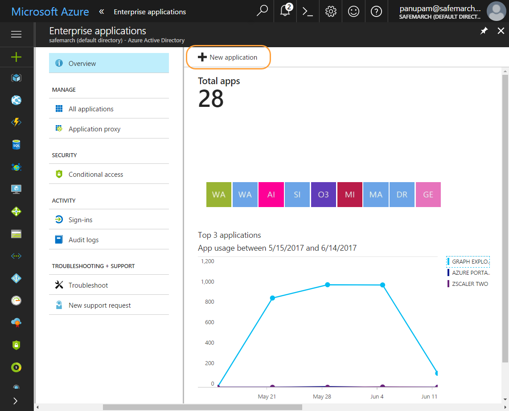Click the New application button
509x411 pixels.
pos(228,57)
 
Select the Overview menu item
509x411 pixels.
pos(82,64)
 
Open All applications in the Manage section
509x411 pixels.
pos(91,109)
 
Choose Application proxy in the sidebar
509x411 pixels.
pos(94,129)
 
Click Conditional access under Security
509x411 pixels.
pos(96,175)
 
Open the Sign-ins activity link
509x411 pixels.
pos(80,220)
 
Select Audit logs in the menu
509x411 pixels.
pos(83,240)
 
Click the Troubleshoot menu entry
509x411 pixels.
pos(88,285)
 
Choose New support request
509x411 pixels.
pos(99,305)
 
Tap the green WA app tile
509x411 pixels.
pos(219,195)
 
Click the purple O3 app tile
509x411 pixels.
pos(323,195)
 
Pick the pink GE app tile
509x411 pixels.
pos(428,195)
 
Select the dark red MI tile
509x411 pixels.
pos(349,195)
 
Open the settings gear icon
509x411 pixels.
pos(331,12)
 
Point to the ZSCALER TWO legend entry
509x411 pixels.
pos(470,284)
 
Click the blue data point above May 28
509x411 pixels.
pos(328,285)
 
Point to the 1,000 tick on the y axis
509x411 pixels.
pos(207,281)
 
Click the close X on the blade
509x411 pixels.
pos(501,31)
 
